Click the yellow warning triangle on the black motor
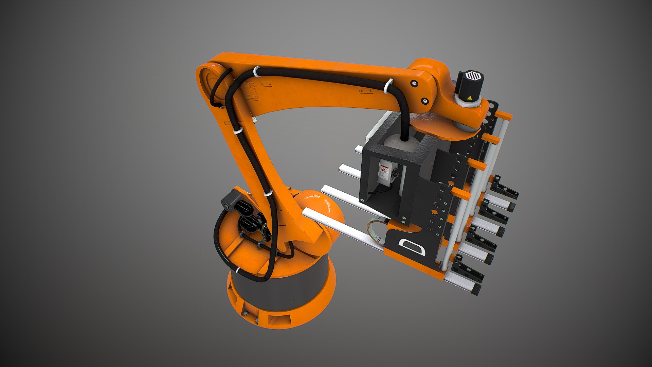click(469, 98)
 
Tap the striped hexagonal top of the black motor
click(471, 75)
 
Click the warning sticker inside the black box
click(384, 172)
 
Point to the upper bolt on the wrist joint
click(414, 83)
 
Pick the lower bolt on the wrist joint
click(424, 101)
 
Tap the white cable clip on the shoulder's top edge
click(256, 71)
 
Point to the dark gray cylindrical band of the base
click(278, 292)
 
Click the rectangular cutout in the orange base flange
click(278, 320)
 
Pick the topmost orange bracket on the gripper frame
click(504, 116)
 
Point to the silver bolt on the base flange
click(244, 313)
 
